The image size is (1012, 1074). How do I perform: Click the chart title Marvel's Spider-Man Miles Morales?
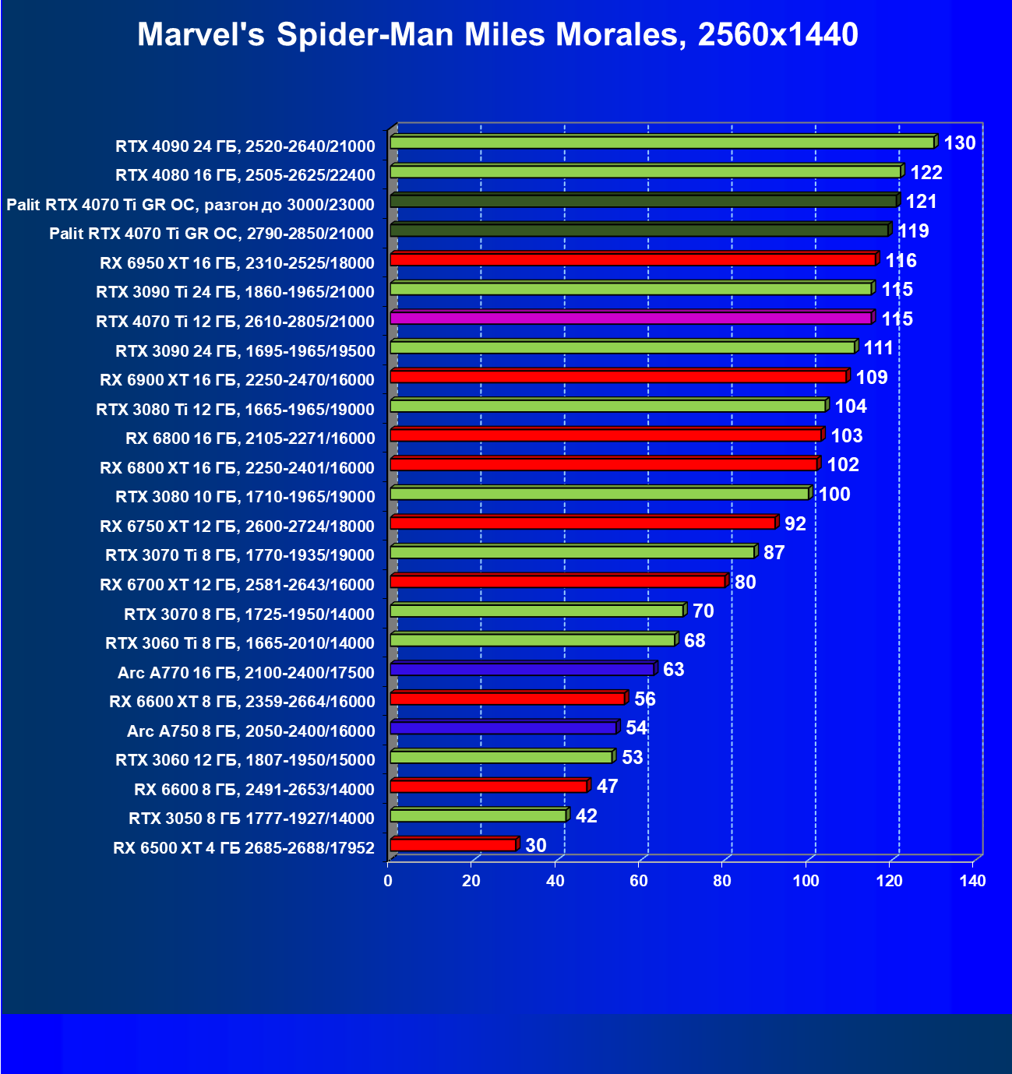pos(498,35)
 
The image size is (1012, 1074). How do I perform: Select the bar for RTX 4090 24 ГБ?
pos(662,143)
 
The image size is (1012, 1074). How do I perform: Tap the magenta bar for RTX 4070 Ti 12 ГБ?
pos(630,318)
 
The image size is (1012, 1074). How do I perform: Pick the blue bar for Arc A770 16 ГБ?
pos(522,669)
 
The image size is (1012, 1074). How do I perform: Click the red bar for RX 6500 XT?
pos(453,845)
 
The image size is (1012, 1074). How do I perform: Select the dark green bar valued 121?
pos(644,201)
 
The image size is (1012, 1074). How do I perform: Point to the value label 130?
pos(959,143)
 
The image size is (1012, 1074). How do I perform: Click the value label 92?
pos(795,523)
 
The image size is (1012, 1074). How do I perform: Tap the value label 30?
pos(535,846)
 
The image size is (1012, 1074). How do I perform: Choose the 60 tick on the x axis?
pos(639,881)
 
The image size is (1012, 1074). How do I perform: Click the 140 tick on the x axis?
pos(972,881)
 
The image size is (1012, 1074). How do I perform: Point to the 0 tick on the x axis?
pos(388,881)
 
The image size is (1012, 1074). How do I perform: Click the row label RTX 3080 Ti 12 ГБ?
pos(235,410)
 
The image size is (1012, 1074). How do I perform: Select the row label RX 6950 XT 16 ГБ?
pos(237,263)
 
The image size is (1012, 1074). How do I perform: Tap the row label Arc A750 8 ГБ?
pos(251,731)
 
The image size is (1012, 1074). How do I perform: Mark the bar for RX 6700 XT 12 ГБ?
pos(558,581)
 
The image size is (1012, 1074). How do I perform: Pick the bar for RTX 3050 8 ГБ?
pos(478,815)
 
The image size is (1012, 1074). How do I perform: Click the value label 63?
pos(673,670)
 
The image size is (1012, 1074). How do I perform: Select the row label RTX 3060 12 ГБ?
pos(245,760)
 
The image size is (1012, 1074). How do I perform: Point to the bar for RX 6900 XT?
pos(619,376)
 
